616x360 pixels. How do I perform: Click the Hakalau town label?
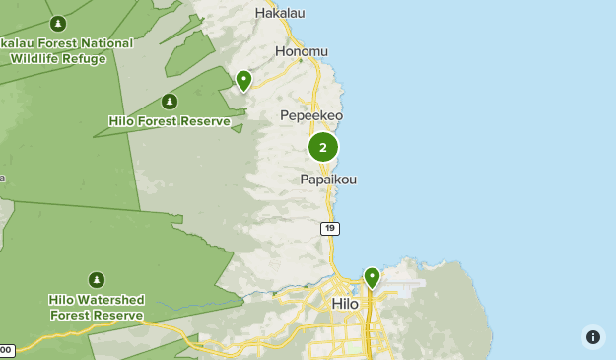point(280,13)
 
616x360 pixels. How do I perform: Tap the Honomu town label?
point(302,51)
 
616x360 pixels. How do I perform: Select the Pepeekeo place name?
point(311,115)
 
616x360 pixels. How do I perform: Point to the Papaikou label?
point(328,180)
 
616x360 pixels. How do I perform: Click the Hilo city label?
point(345,304)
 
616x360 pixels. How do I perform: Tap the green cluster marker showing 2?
point(323,147)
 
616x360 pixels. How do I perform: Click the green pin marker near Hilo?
point(372,277)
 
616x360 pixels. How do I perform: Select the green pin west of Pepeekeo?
point(243,80)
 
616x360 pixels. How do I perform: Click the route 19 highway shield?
point(329,229)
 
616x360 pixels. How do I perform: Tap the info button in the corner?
point(593,337)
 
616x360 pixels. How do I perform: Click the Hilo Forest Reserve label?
point(170,122)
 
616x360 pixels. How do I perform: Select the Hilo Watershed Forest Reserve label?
point(97,307)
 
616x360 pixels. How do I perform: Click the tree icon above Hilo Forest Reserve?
point(170,102)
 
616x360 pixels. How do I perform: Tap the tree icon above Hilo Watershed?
point(97,280)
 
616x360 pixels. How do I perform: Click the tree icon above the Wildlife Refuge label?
point(58,23)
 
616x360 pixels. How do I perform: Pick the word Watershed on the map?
point(110,300)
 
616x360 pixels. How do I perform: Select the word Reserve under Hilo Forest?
point(206,122)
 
